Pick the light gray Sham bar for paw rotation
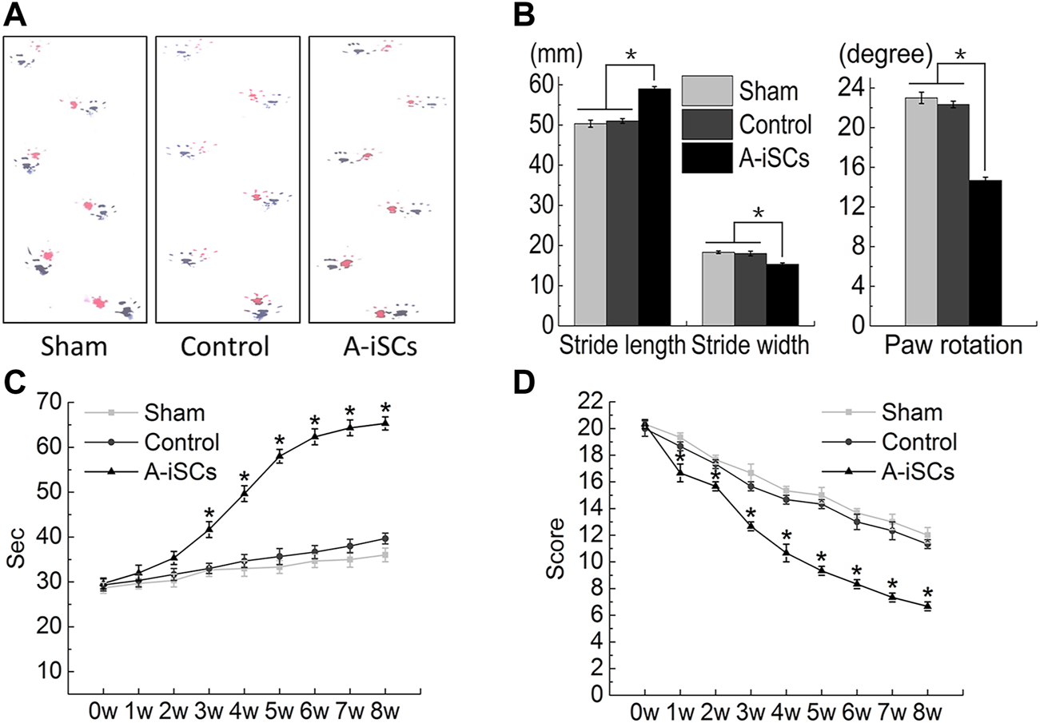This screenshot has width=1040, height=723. point(921,212)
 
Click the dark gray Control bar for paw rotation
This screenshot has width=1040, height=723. point(953,215)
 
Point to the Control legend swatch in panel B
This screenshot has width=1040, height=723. point(707,124)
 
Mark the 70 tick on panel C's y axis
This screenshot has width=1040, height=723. point(49,402)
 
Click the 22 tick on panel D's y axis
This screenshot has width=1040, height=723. point(592,402)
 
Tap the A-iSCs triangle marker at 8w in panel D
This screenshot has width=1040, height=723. point(926,606)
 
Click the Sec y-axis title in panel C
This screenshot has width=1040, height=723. point(18,551)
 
